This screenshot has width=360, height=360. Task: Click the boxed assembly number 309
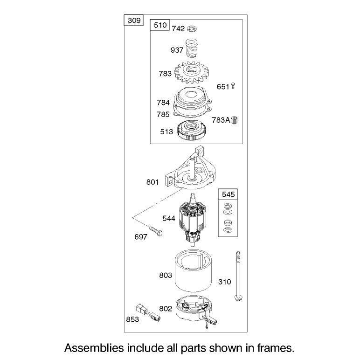pyautogui.click(x=134, y=21)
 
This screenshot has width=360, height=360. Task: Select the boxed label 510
pyautogui.click(x=160, y=25)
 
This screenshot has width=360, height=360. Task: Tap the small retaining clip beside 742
pyautogui.click(x=192, y=29)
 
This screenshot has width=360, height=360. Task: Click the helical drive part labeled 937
pyautogui.click(x=191, y=48)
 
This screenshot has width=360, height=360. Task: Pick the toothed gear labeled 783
pyautogui.click(x=193, y=72)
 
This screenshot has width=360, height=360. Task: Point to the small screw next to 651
pyautogui.click(x=233, y=86)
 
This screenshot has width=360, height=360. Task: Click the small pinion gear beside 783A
pyautogui.click(x=235, y=120)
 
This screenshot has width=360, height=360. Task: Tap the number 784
pyautogui.click(x=163, y=103)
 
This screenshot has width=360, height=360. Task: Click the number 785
pyautogui.click(x=163, y=114)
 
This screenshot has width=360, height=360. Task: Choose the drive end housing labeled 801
pyautogui.click(x=190, y=169)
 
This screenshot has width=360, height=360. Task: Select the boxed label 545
pyautogui.click(x=228, y=194)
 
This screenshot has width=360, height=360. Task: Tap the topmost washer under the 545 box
pyautogui.click(x=228, y=206)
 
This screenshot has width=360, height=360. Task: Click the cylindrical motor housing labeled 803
pyautogui.click(x=194, y=271)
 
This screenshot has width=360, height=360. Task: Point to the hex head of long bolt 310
pyautogui.click(x=239, y=298)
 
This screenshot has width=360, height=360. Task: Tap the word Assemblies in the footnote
pyautogui.click(x=94, y=348)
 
